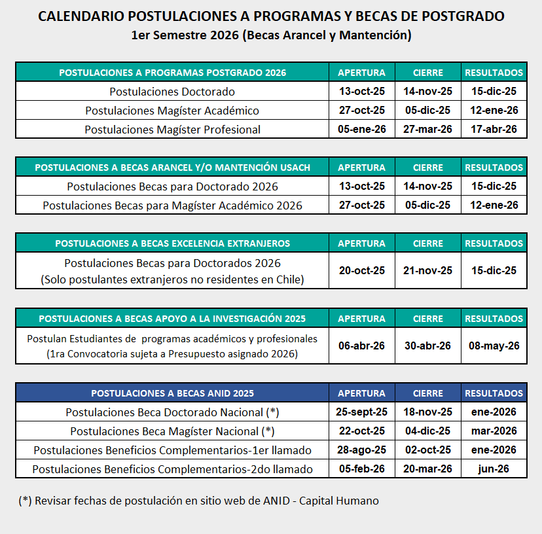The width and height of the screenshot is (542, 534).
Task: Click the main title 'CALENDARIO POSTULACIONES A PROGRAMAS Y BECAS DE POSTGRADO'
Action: click(x=271, y=16)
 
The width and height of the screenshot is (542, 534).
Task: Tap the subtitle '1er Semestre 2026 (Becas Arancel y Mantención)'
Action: click(x=271, y=35)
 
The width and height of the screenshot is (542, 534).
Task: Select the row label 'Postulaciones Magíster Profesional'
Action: click(x=172, y=129)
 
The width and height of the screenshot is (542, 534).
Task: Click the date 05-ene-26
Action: click(x=361, y=129)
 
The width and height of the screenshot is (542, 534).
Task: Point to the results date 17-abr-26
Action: click(x=494, y=129)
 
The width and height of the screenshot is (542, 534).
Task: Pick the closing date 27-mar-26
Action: click(x=427, y=129)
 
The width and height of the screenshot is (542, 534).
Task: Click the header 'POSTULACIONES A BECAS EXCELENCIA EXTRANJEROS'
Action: click(x=172, y=243)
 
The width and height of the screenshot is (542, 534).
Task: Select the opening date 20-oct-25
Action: click(x=361, y=270)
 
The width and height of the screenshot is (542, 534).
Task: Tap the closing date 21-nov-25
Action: click(x=427, y=270)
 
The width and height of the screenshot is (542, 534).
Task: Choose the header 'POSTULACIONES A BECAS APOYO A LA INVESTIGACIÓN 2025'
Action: click(x=172, y=319)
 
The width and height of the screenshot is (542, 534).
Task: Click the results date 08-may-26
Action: click(x=494, y=346)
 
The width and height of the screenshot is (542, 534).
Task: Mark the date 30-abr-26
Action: click(x=427, y=346)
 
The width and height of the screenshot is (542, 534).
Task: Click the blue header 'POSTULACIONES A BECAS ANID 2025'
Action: click(x=172, y=393)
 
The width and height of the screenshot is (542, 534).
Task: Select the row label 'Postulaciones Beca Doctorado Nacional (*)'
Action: click(x=172, y=412)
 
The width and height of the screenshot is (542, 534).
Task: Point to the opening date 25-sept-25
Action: click(x=361, y=412)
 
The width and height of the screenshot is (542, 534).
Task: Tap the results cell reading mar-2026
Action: click(x=494, y=431)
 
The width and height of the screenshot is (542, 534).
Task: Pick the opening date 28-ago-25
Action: click(x=361, y=450)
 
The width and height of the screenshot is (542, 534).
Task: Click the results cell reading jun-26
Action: click(x=494, y=469)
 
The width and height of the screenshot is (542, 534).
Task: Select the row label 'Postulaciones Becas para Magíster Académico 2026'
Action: click(x=172, y=205)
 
